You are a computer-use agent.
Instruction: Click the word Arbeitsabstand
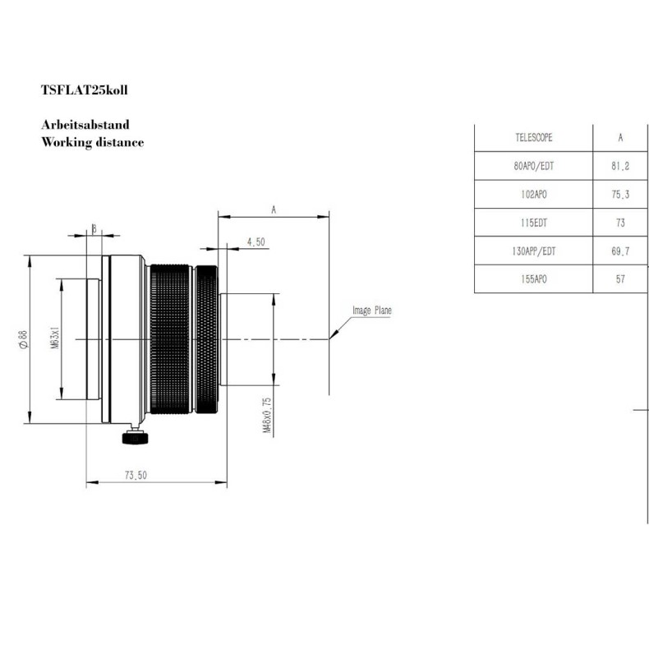(85, 126)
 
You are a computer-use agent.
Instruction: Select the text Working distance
(92, 142)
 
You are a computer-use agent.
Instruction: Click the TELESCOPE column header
(532, 137)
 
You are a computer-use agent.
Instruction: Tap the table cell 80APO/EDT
(532, 166)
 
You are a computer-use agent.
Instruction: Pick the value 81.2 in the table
(620, 166)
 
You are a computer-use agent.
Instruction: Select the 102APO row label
(532, 195)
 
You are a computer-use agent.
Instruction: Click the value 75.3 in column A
(620, 195)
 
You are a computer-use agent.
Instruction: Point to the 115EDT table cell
(532, 223)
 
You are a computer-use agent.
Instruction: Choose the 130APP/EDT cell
(532, 251)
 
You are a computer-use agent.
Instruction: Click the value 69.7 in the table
(620, 251)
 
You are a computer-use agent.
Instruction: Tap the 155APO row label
(532, 279)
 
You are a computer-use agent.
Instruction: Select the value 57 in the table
(620, 279)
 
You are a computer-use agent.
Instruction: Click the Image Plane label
(372, 311)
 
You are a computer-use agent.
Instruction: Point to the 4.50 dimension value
(256, 242)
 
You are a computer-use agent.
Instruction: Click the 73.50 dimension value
(136, 475)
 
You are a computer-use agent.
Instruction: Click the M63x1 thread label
(55, 338)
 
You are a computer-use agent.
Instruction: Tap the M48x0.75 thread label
(266, 415)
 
